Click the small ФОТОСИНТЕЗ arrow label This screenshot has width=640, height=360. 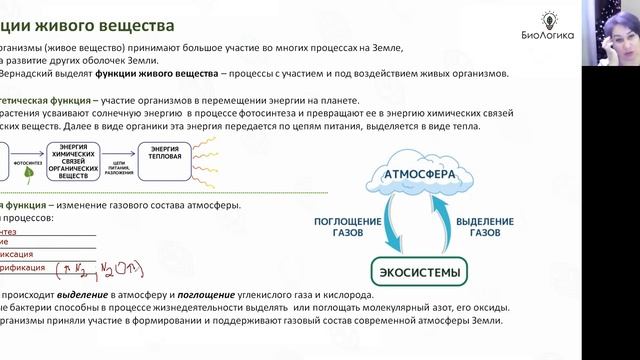28,157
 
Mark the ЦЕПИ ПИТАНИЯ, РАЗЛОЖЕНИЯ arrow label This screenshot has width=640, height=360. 120,165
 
